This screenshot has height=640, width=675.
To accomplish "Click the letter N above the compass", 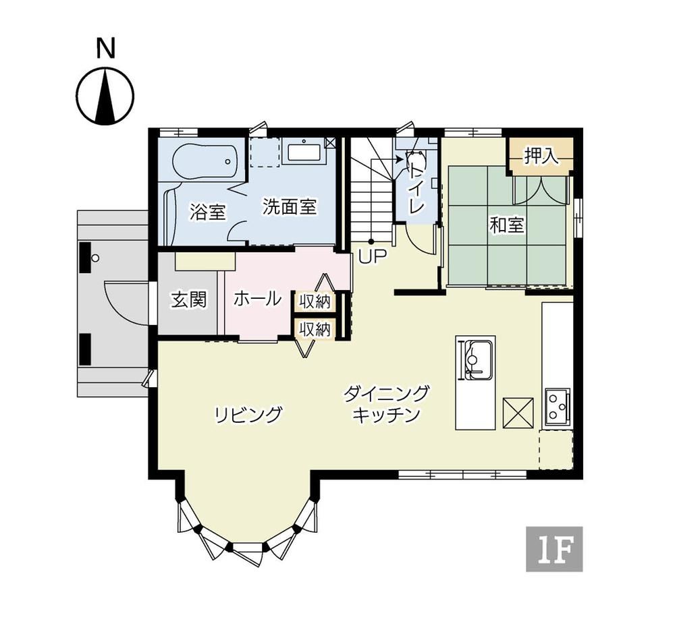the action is [106, 48].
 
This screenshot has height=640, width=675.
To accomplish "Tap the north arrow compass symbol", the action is [105, 96].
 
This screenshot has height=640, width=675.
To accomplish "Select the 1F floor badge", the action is [554, 549].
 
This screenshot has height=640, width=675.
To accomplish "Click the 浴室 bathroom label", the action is [207, 212].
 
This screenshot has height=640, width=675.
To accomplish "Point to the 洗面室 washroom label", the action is [290, 206].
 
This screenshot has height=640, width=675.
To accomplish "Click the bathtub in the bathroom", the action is [205, 161].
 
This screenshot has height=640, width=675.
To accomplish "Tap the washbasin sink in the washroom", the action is [304, 152].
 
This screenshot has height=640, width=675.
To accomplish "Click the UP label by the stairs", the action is [373, 257].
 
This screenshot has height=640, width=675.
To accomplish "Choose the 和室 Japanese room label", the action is [507, 225].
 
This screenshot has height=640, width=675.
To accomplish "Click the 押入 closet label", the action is [541, 156].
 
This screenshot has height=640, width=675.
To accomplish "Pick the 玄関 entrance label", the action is [188, 299].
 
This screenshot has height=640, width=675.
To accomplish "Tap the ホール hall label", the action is [257, 298].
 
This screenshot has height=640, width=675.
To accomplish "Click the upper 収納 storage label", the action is [315, 302].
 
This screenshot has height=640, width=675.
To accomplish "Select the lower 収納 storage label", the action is [315, 330].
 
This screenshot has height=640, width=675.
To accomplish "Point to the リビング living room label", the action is [248, 415].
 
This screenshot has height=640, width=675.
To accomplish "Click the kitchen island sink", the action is [477, 360].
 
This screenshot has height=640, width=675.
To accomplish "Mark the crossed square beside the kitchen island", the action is [518, 413].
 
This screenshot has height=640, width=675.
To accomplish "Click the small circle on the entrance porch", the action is [96, 258].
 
